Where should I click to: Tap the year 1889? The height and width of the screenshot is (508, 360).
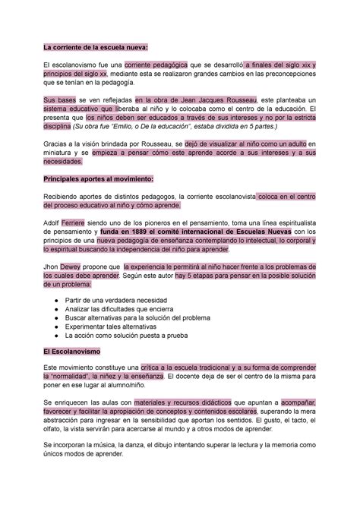(x=137, y=233)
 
